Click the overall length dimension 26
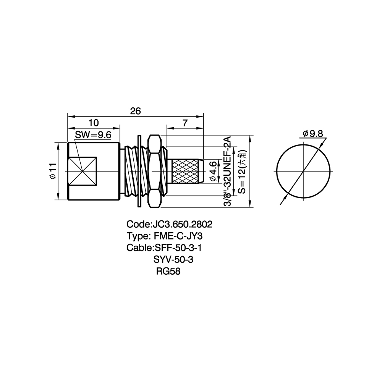coord(136,111)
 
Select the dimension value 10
coord(94,123)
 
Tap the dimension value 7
coord(185,123)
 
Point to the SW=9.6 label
coord(93,135)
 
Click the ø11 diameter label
coord(53,171)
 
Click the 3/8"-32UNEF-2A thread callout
coord(227,172)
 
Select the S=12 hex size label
coord(243,172)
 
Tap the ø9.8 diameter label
coord(313,134)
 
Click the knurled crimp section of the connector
coord(186,171)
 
